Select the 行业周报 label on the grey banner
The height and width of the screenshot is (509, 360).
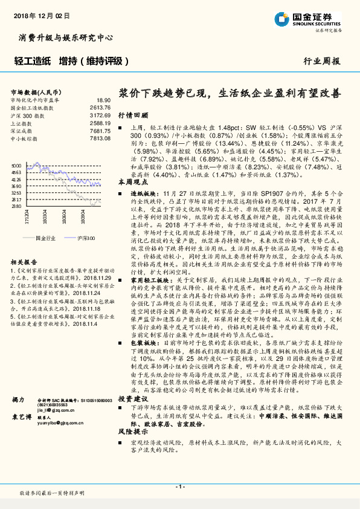pyautogui.click(x=321, y=61)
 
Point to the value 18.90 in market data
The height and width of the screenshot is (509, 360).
pyautogui.click(x=104, y=100)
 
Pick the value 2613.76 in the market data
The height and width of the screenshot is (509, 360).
pyautogui.click(x=101, y=108)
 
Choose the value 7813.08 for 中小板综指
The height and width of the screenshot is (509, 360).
pyautogui.click(x=101, y=138)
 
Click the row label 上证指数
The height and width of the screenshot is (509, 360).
pyautogui.click(x=23, y=123)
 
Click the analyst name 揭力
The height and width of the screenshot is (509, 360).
pyautogui.click(x=18, y=401)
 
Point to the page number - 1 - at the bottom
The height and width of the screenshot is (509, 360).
pyautogui.click(x=179, y=487)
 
